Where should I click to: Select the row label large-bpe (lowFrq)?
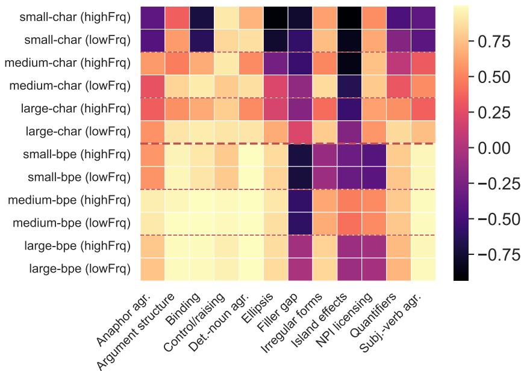(80, 268)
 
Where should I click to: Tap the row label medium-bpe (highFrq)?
(69, 200)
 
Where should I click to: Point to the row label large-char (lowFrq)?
(78, 131)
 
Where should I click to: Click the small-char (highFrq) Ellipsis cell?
(275, 17)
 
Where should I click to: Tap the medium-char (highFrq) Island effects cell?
(349, 63)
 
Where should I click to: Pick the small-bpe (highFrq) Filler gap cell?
(300, 154)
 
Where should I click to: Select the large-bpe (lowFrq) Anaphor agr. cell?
(152, 268)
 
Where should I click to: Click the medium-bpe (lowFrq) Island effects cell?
(349, 222)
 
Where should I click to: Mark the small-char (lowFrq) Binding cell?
(201, 40)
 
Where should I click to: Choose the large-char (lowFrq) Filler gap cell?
(300, 131)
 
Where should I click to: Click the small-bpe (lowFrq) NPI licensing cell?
(374, 177)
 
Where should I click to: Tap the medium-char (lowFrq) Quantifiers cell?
(398, 85)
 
